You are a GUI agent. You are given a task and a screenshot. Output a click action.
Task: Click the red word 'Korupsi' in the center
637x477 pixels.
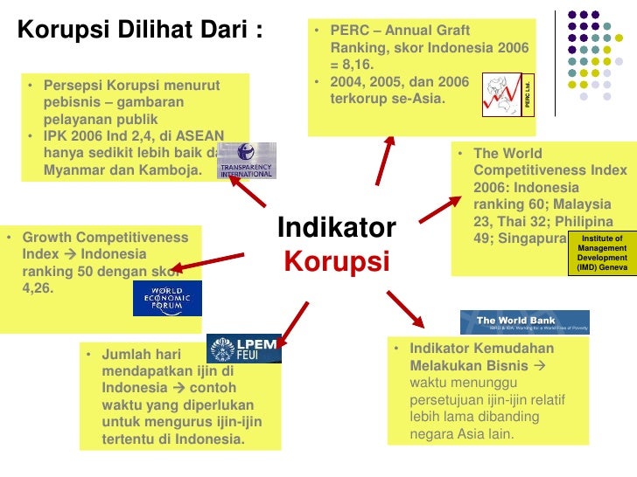point(336,261)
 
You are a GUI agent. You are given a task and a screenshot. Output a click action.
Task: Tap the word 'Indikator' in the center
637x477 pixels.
point(337,229)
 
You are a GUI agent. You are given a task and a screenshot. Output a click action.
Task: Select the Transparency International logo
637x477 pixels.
point(246,161)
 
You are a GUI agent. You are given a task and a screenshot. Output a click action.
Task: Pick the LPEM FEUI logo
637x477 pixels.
point(244,348)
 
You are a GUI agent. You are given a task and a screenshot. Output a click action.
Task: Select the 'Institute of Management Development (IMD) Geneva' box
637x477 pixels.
point(601,252)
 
